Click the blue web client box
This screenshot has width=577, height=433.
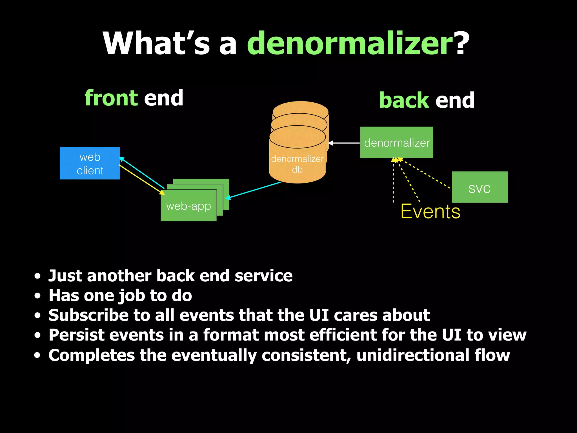[90, 163]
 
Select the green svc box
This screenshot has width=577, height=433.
[480, 187]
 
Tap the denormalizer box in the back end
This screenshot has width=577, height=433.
[396, 142]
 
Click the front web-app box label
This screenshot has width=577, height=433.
[188, 206]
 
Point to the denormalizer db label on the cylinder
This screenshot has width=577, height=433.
[297, 164]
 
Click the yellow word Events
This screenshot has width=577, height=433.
[430, 211]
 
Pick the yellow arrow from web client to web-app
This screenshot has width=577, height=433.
[141, 179]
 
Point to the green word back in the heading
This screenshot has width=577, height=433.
[404, 100]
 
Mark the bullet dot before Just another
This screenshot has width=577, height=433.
[37, 276]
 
